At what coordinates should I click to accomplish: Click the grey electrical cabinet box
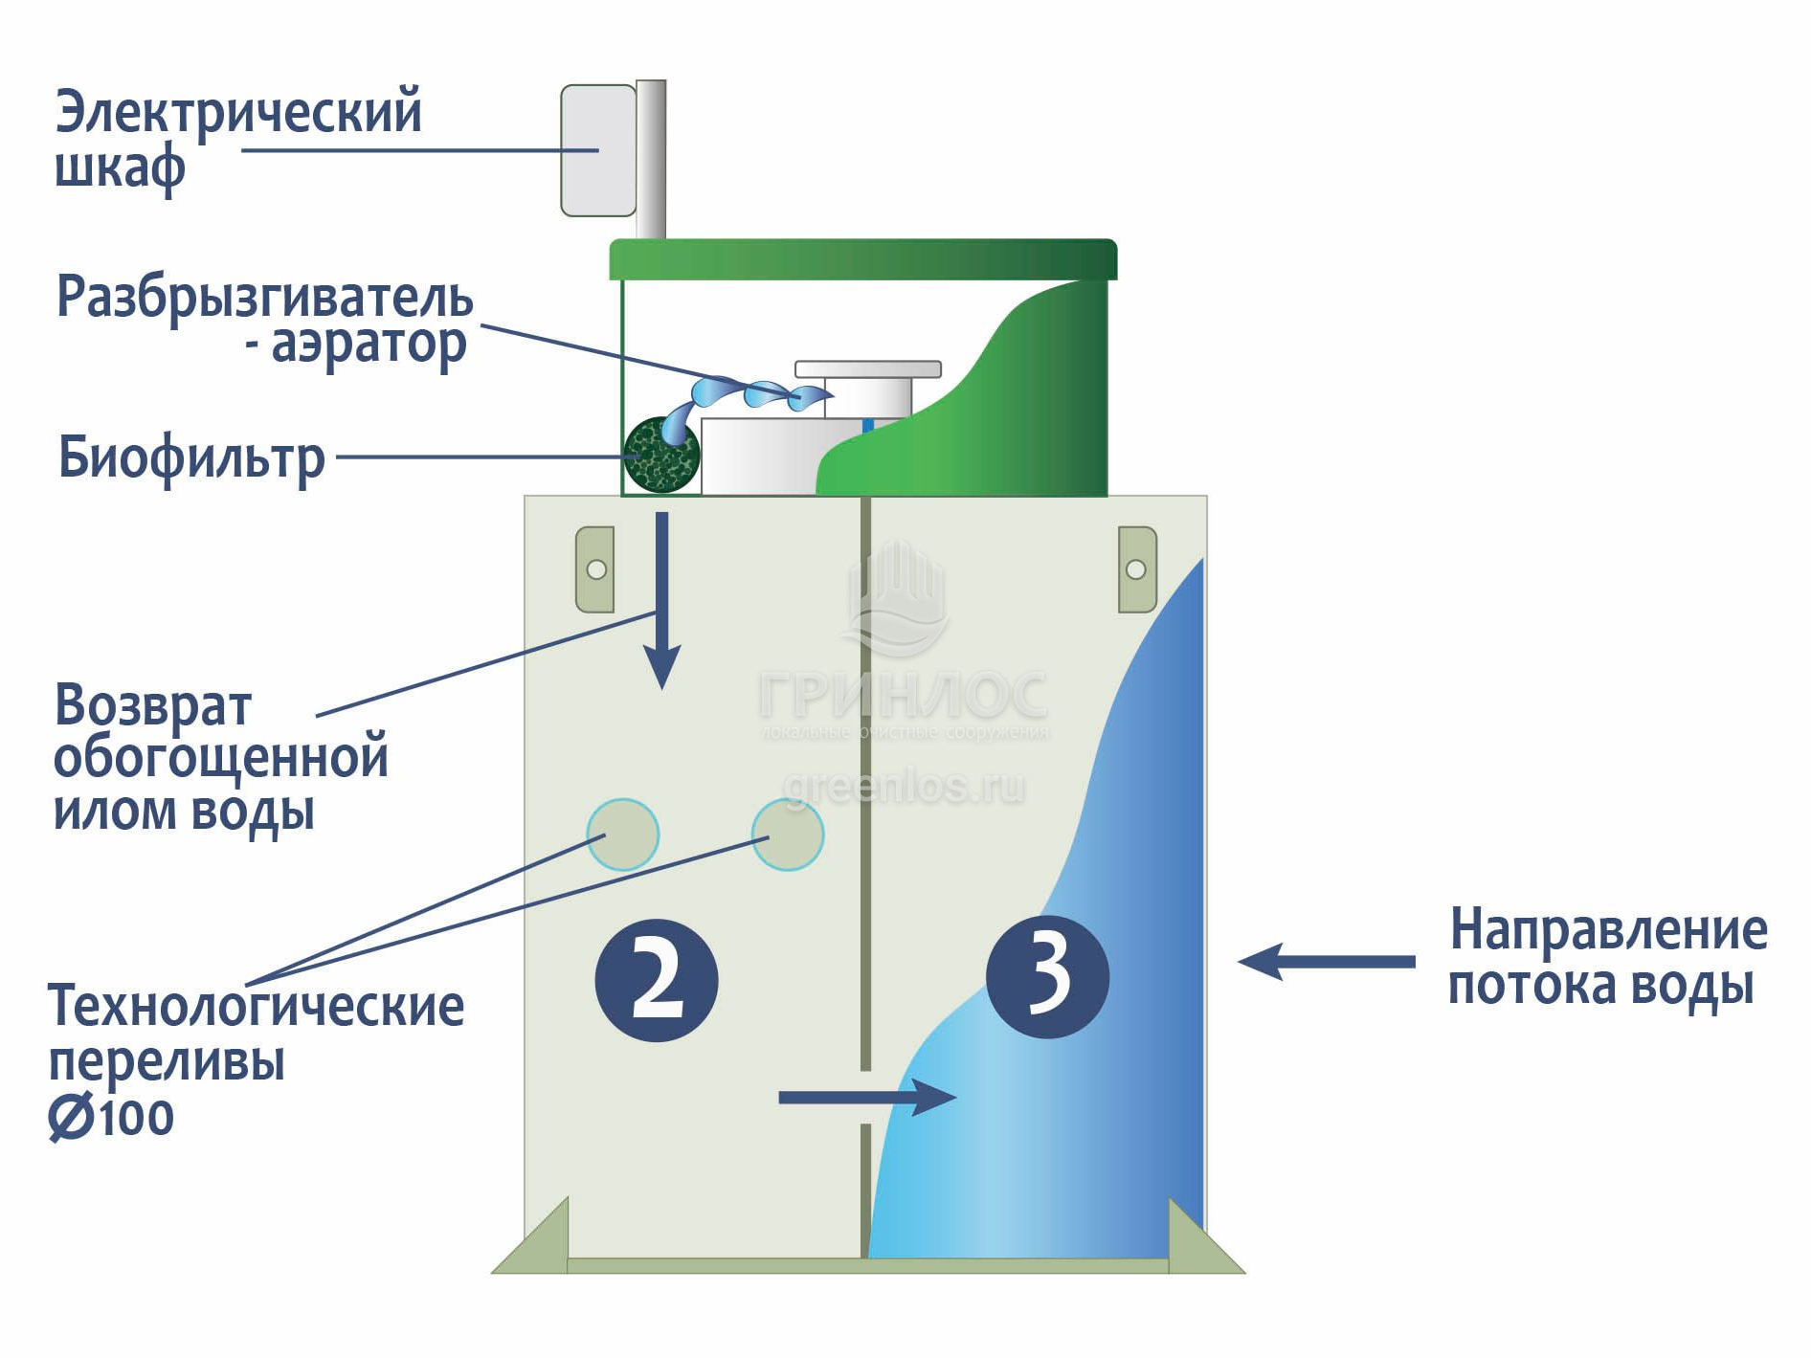point(598,150)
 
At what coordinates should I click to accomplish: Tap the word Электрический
point(238,112)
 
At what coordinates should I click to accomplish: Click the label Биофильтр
point(191,457)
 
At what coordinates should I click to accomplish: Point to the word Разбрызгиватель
point(265,297)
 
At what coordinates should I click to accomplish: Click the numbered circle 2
point(657,981)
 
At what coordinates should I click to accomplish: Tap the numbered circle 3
point(1048,976)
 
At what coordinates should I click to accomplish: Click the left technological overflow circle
point(622,835)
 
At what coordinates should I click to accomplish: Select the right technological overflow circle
point(788,835)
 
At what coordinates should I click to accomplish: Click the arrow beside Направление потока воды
point(1327,961)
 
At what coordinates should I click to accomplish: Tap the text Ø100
point(112,1118)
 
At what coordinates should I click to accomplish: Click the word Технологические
point(256,1007)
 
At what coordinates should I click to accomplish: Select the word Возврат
point(153,706)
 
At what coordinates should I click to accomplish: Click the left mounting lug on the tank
point(594,569)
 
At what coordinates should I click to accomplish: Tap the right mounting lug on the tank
point(1136,569)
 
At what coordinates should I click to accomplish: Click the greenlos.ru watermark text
point(904,787)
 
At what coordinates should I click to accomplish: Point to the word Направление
point(1608,930)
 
